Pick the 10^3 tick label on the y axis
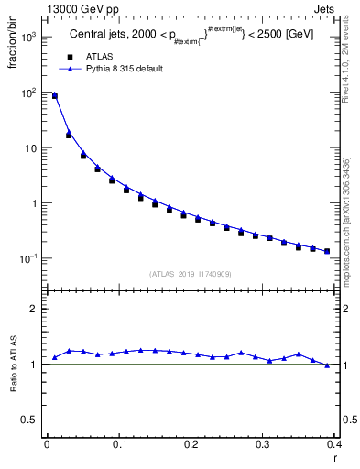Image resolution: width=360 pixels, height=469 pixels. click(27, 38)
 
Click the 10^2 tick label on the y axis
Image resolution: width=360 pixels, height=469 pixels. click(27, 93)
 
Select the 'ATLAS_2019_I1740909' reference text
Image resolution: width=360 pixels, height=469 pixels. click(189, 274)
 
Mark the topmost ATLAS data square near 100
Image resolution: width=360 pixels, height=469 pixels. click(55, 95)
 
